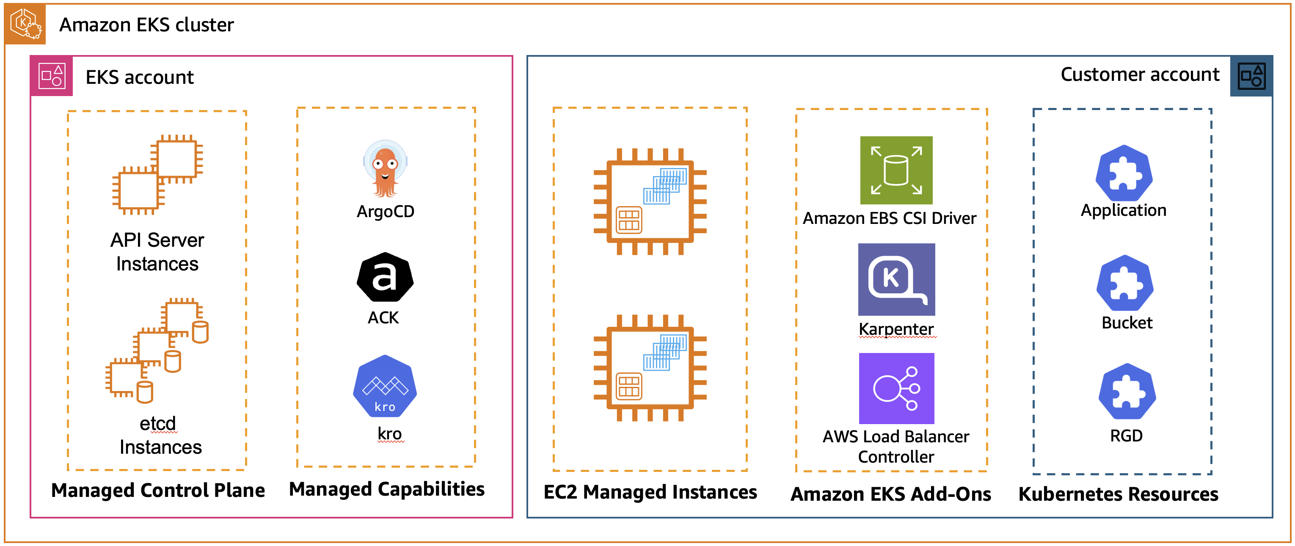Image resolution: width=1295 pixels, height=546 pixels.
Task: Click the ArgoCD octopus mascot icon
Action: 385,169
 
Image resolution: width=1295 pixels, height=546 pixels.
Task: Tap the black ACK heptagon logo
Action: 385,278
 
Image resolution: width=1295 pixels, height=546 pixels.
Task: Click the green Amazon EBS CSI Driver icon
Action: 896,170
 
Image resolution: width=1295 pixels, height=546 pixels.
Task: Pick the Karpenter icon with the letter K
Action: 896,279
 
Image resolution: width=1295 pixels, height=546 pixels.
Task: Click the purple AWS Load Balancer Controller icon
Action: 896,388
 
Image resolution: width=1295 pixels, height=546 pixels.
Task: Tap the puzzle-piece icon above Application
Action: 1124,174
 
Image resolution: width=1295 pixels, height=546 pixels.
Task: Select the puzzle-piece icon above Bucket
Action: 1124,283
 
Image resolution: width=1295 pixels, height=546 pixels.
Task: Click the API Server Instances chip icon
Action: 157,174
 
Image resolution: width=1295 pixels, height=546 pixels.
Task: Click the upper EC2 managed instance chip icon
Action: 650,201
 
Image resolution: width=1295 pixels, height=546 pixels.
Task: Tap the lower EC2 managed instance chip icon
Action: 650,367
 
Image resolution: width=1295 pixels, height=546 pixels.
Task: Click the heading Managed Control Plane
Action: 158,490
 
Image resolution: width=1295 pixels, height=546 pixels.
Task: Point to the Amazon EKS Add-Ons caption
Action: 890,494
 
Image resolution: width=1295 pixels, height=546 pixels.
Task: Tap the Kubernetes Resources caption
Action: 1118,494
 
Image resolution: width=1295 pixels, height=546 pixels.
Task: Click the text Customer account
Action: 1139,74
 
